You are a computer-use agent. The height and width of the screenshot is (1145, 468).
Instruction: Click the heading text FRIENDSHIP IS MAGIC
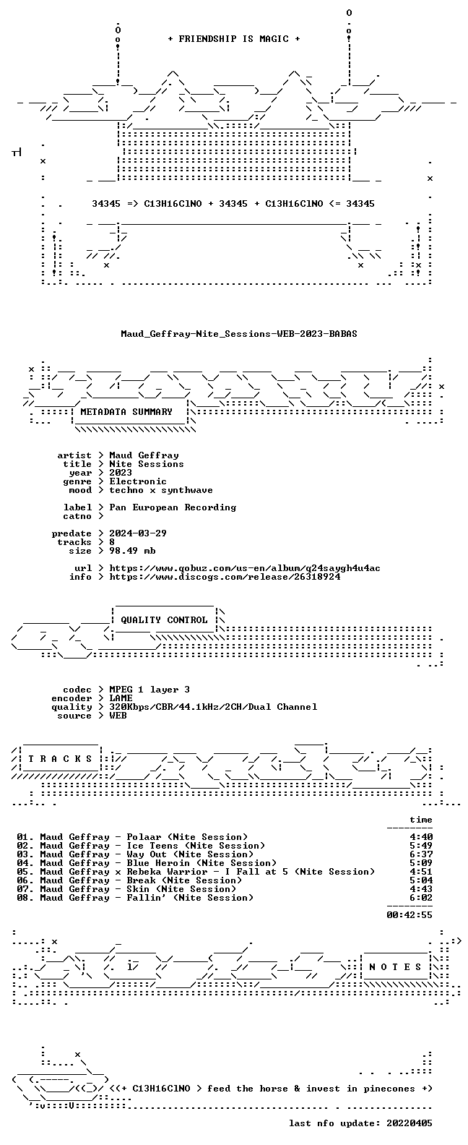coord(234,39)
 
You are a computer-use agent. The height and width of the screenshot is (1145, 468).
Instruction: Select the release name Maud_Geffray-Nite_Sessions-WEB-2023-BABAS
coord(238,334)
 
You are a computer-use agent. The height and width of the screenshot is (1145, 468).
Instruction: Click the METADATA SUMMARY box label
coord(126,412)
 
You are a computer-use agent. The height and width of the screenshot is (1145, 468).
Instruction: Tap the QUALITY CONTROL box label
coord(164,620)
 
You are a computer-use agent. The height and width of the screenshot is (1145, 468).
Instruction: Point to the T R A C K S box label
coord(60,758)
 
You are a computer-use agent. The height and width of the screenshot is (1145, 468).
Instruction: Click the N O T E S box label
coord(395,966)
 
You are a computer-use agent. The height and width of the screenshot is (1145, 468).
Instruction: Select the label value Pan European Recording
coord(173,507)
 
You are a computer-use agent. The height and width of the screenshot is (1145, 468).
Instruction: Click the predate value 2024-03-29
coord(138,533)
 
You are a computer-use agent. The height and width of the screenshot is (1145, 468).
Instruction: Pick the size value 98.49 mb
coord(132,551)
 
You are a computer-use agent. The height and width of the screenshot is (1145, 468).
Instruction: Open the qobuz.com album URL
coord(245,568)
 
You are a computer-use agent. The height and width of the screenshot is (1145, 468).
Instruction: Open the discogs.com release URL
coord(225,577)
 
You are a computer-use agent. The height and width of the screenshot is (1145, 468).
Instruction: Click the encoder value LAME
coord(121,698)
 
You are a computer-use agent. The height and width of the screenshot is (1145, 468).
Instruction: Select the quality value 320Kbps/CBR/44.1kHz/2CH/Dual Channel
coord(213,707)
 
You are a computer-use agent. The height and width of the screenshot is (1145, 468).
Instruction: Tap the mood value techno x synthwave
coord(161,490)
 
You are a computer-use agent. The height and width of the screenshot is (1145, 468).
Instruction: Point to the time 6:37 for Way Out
coord(421,854)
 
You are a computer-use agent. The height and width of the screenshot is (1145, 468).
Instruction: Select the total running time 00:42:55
coord(409,915)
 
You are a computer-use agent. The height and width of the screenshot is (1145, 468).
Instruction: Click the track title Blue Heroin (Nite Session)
coord(201,863)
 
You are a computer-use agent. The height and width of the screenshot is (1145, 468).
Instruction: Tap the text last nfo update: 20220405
coord(360,1123)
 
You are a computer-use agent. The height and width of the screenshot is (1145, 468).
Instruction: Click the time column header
coord(421,820)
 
